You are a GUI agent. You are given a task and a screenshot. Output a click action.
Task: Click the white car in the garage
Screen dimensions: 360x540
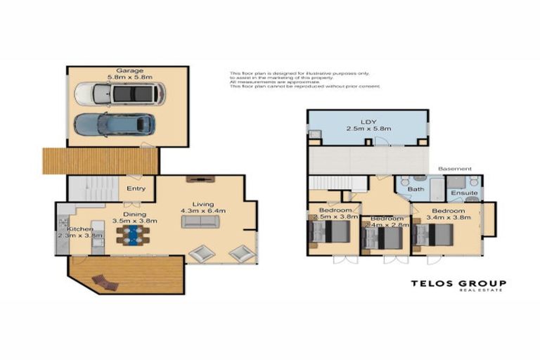[120, 94]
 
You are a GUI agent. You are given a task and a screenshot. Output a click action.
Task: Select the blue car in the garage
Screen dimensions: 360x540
[115, 125]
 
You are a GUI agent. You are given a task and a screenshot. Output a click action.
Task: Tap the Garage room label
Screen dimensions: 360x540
[130, 71]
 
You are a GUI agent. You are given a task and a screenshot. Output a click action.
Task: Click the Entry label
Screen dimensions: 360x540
[136, 188]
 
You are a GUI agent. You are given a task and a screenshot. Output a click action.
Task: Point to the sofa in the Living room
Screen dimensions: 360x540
[200, 221]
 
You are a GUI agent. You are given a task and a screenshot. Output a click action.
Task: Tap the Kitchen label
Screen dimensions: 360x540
[80, 229]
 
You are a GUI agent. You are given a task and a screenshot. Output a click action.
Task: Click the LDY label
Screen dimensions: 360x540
[368, 121]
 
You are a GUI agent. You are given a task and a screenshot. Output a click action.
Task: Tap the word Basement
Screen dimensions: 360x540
[450, 169]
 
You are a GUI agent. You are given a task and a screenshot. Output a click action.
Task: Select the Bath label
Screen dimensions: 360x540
[416, 189]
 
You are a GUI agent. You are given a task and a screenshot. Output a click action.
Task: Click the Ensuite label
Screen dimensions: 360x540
[465, 192]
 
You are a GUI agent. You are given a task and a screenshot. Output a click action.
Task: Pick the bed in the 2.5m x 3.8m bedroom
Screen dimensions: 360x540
[324, 236]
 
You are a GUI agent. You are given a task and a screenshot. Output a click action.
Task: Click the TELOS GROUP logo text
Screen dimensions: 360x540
[458, 284]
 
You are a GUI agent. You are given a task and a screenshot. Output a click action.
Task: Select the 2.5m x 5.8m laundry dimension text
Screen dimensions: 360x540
[368, 129]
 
